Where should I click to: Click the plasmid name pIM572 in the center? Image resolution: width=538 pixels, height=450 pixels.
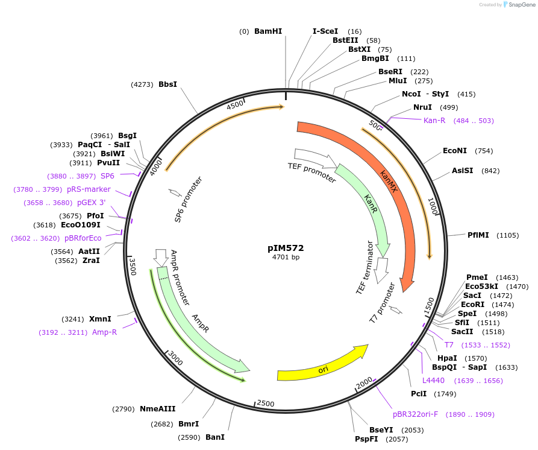point(286,248)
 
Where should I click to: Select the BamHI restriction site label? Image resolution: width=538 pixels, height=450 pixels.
point(267,31)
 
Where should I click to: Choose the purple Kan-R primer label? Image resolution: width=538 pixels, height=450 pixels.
point(434,121)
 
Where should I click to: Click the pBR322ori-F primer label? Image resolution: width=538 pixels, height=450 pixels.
point(415,414)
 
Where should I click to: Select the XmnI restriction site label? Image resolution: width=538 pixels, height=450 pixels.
point(100,318)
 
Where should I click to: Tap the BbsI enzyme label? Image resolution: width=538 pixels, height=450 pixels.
point(167,84)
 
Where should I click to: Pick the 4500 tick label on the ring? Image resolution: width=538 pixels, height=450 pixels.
point(236,105)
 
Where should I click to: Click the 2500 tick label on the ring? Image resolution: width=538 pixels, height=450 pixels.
point(266,403)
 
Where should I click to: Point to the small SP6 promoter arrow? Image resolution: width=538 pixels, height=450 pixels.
point(175,193)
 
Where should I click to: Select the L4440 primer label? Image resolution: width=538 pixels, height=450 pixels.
point(433,381)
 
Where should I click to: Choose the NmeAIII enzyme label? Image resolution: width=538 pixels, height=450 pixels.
point(157,409)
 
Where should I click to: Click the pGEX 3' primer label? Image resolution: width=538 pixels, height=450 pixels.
point(91,203)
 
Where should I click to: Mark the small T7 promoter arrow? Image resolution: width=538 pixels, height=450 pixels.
point(396,310)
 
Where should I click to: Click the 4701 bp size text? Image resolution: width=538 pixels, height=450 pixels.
point(286,258)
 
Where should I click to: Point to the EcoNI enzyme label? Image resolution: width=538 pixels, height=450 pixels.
point(455,151)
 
